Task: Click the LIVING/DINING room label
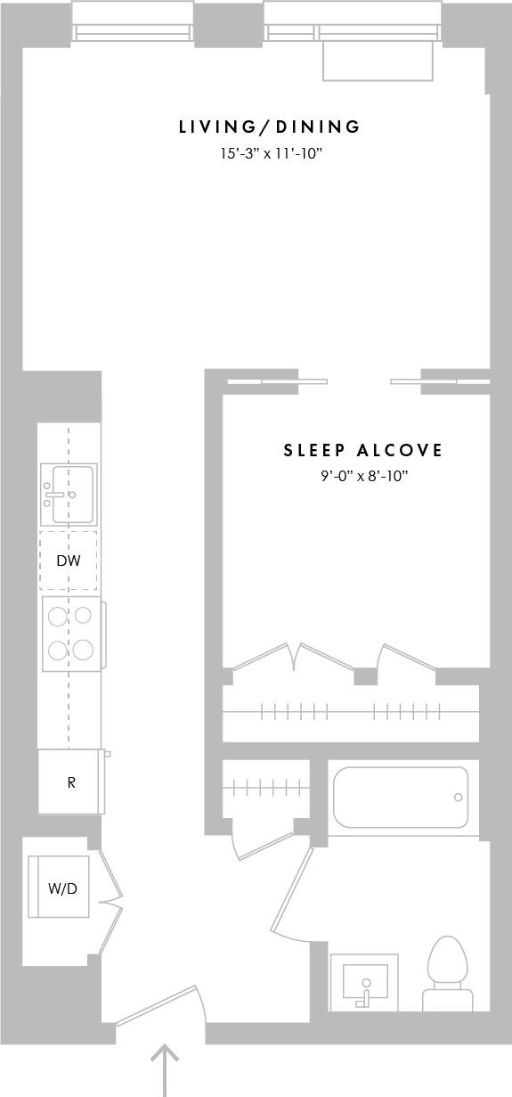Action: click(270, 127)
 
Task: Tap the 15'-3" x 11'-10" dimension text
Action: click(271, 154)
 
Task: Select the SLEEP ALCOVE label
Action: click(363, 451)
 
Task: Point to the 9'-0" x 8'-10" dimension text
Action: click(364, 477)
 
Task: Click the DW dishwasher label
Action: click(69, 561)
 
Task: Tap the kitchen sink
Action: click(69, 495)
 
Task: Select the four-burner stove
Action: click(70, 633)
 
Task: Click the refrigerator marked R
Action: click(70, 782)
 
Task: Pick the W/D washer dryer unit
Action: click(60, 887)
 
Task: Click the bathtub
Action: click(401, 797)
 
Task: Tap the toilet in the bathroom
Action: click(447, 971)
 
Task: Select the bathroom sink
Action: click(364, 981)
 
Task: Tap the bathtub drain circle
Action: click(458, 798)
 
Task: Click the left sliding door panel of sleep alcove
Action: click(276, 381)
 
